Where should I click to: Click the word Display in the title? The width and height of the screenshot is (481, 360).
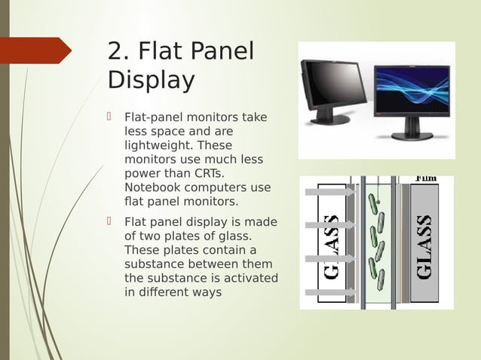pyautogui.click(x=151, y=79)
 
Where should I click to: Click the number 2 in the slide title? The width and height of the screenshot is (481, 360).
pyautogui.click(x=115, y=51)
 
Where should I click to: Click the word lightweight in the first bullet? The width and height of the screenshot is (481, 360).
pyautogui.click(x=158, y=145)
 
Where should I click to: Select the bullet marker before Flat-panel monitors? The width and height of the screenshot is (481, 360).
pyautogui.click(x=110, y=117)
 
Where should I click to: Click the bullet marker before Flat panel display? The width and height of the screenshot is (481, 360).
pyautogui.click(x=110, y=221)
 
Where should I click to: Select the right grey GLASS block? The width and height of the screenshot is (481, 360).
pyautogui.click(x=424, y=245)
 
